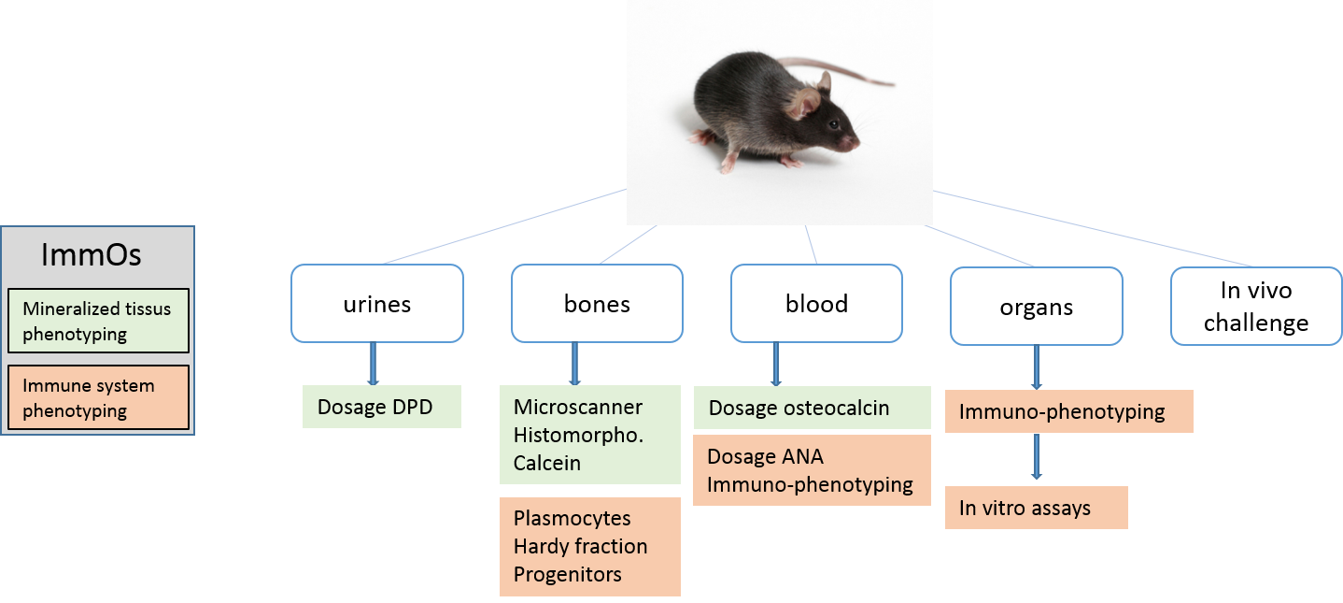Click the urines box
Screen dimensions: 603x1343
376,304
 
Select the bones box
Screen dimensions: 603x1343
597,304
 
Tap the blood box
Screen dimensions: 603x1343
816,304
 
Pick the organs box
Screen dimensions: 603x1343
1036,307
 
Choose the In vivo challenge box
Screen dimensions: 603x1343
1256,307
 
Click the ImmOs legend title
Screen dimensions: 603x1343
92,255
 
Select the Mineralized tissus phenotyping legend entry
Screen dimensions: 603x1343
97,321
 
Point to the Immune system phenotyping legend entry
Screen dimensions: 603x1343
97,397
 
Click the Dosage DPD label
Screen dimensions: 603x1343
381,408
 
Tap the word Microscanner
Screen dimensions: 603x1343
578,408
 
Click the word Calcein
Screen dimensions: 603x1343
547,464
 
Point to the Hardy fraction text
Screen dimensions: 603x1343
580,546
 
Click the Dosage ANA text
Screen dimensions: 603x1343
765,457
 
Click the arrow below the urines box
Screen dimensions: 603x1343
374,364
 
